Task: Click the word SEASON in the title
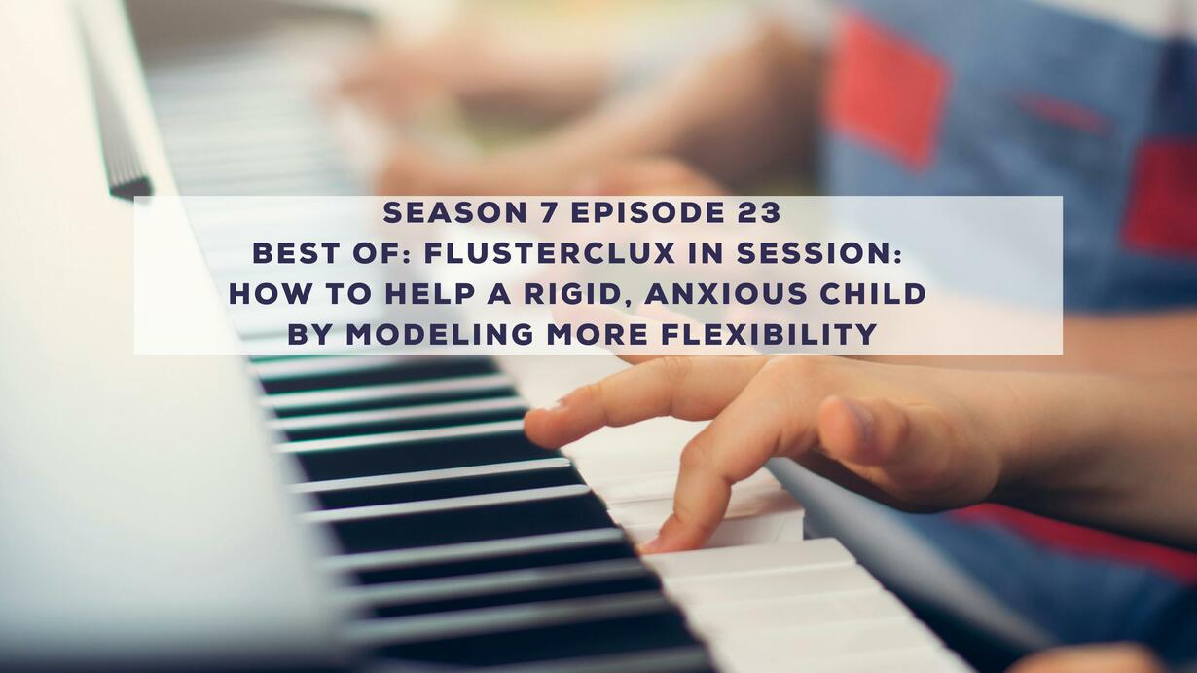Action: click(455, 213)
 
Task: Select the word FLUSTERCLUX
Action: click(550, 253)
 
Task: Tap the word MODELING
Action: click(440, 334)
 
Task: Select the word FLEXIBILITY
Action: click(769, 334)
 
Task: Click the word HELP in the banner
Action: click(430, 294)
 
